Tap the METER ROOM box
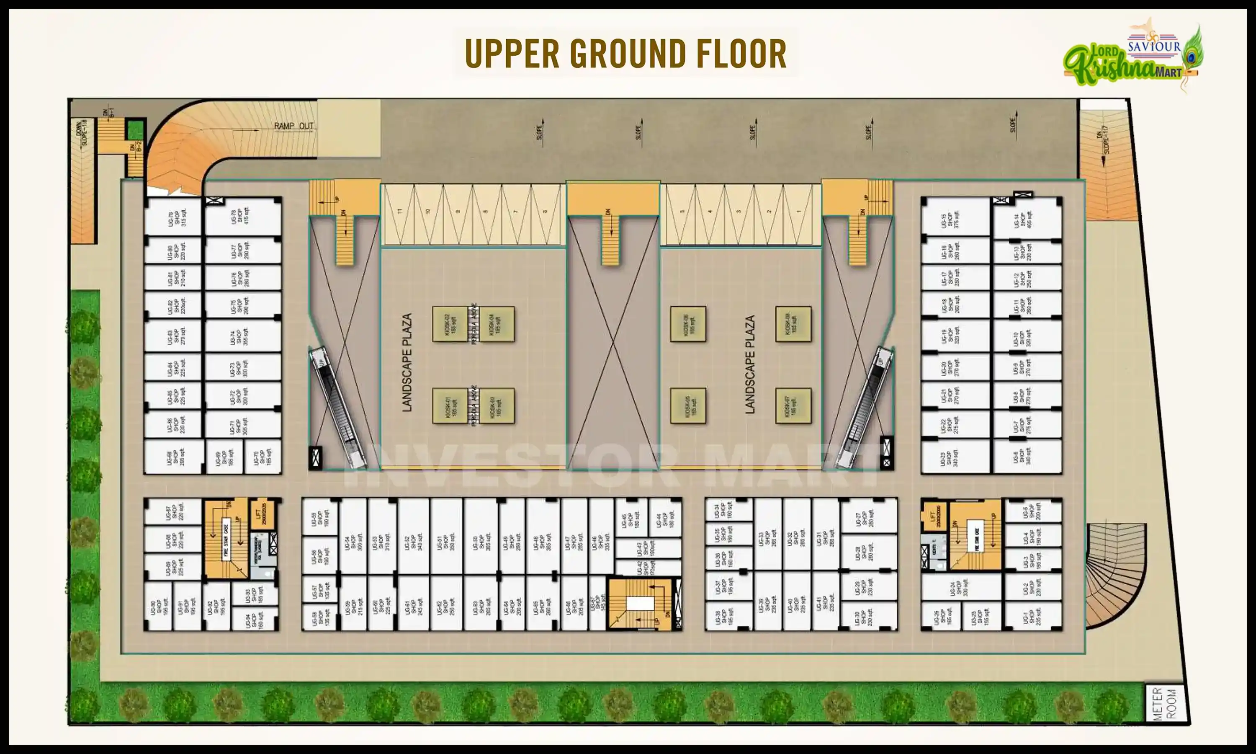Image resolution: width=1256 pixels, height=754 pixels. coord(1166,703)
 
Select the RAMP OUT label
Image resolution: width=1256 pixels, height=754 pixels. coord(294,126)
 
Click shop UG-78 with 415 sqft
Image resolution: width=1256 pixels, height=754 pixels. coord(243,217)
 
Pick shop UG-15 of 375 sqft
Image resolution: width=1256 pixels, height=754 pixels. coord(955,217)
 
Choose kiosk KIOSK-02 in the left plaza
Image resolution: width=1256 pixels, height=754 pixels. coord(450,324)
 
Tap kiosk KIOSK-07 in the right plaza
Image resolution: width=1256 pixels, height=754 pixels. coord(793,406)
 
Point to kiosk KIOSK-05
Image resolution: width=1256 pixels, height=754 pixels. coord(687,406)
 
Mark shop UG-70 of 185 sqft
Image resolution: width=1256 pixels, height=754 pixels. coord(262,456)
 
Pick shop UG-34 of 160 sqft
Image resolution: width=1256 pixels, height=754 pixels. coord(728,510)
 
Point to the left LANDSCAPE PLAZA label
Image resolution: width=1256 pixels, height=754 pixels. coord(407,362)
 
